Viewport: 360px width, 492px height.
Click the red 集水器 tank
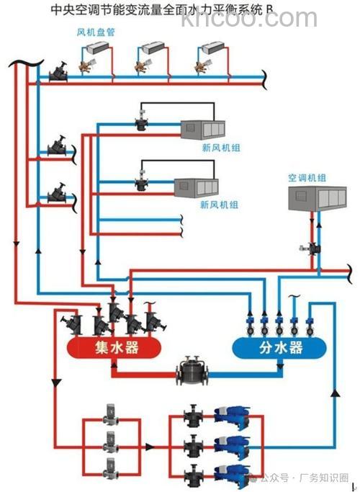pyautogui.click(x=112, y=349)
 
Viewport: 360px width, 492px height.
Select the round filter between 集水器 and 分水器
pyautogui.click(x=192, y=372)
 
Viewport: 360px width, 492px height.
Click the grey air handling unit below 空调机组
pyautogui.click(x=317, y=198)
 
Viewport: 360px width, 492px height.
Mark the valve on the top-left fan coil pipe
pyautogui.click(x=57, y=73)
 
